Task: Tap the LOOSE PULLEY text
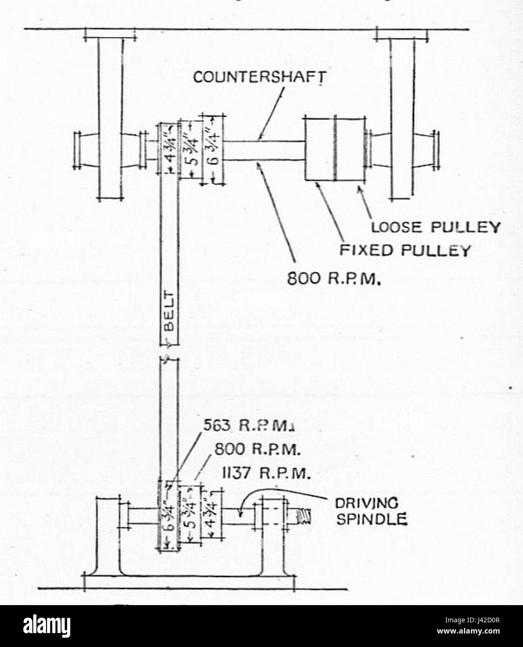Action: pyautogui.click(x=436, y=227)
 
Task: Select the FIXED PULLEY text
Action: pyautogui.click(x=403, y=250)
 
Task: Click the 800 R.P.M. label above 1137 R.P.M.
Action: pyautogui.click(x=257, y=451)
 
